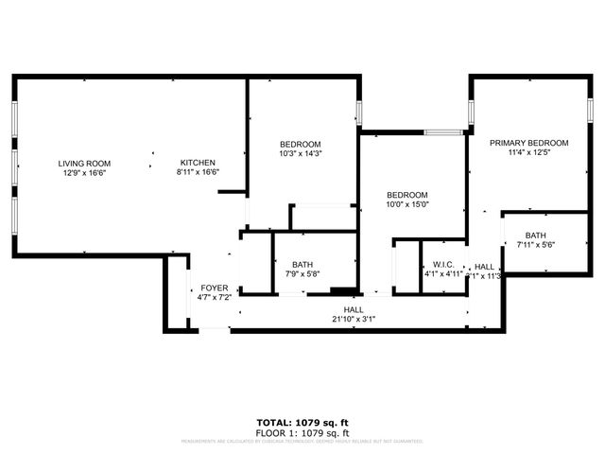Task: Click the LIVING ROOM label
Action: point(85,163)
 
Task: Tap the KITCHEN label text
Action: point(198,163)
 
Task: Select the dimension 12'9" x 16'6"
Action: point(85,173)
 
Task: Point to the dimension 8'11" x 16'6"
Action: point(198,173)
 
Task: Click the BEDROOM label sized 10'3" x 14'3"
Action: point(300,143)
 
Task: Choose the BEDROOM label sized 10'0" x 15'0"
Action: point(407,194)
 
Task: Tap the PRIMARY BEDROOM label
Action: point(528,143)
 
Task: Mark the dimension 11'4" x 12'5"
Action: point(528,153)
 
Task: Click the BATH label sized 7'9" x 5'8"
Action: point(302,265)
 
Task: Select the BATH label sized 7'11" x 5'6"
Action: point(536,236)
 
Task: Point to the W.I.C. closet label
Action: point(443,265)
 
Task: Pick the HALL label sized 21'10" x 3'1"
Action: point(354,309)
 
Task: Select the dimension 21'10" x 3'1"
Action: point(354,320)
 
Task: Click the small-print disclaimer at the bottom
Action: point(302,440)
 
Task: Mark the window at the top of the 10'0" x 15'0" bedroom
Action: point(442,133)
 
